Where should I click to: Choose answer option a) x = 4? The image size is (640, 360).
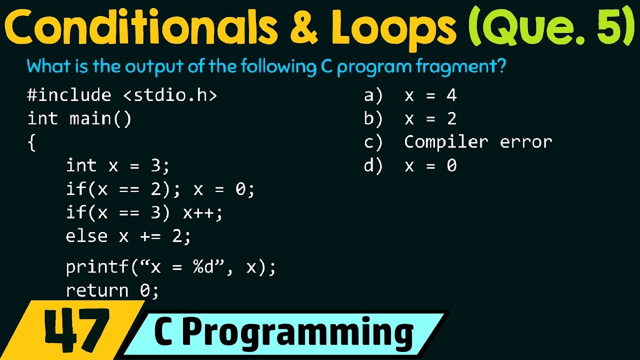[x=410, y=95]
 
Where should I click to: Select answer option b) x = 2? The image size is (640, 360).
[x=410, y=119]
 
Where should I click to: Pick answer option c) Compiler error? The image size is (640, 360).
[x=458, y=142]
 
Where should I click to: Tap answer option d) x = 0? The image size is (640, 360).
[x=410, y=165]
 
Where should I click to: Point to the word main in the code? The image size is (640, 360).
[x=90, y=119]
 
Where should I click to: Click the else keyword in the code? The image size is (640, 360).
[x=86, y=236]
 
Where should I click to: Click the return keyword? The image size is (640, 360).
[x=97, y=290]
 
